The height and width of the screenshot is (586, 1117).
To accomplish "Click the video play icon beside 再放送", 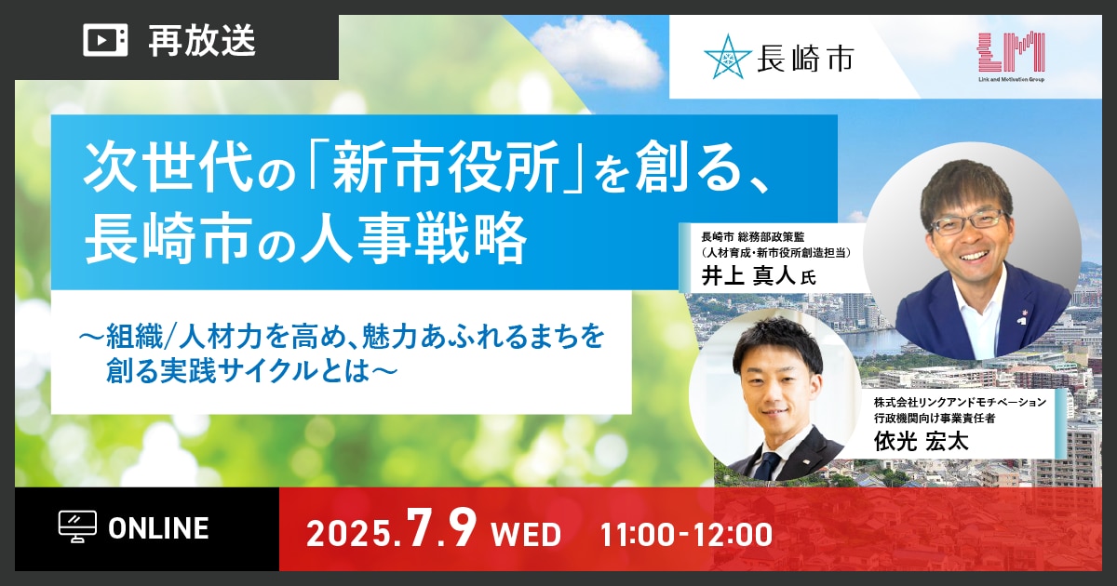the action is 105,40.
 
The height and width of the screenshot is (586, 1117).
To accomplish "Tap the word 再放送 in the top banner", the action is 203,40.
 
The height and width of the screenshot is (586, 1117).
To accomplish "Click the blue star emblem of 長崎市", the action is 728,58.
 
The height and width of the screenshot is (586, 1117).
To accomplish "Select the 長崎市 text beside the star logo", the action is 805,58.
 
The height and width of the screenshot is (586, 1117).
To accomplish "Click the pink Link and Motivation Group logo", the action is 1011,57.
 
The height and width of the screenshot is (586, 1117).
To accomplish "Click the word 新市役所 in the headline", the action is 445,170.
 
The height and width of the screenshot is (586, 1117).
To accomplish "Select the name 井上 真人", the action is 748,275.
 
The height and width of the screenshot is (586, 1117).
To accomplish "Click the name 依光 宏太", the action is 921,442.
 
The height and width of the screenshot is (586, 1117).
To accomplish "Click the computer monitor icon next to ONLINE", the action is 78,527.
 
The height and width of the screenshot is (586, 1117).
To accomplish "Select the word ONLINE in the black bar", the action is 158,528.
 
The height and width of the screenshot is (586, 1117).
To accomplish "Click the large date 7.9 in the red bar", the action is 441,528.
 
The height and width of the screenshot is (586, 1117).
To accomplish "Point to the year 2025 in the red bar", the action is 348,534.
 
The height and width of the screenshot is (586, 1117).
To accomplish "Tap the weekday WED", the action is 526,535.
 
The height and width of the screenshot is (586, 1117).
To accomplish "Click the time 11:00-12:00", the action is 686,535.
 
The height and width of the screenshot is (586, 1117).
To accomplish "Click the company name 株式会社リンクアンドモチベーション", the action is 960,402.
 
